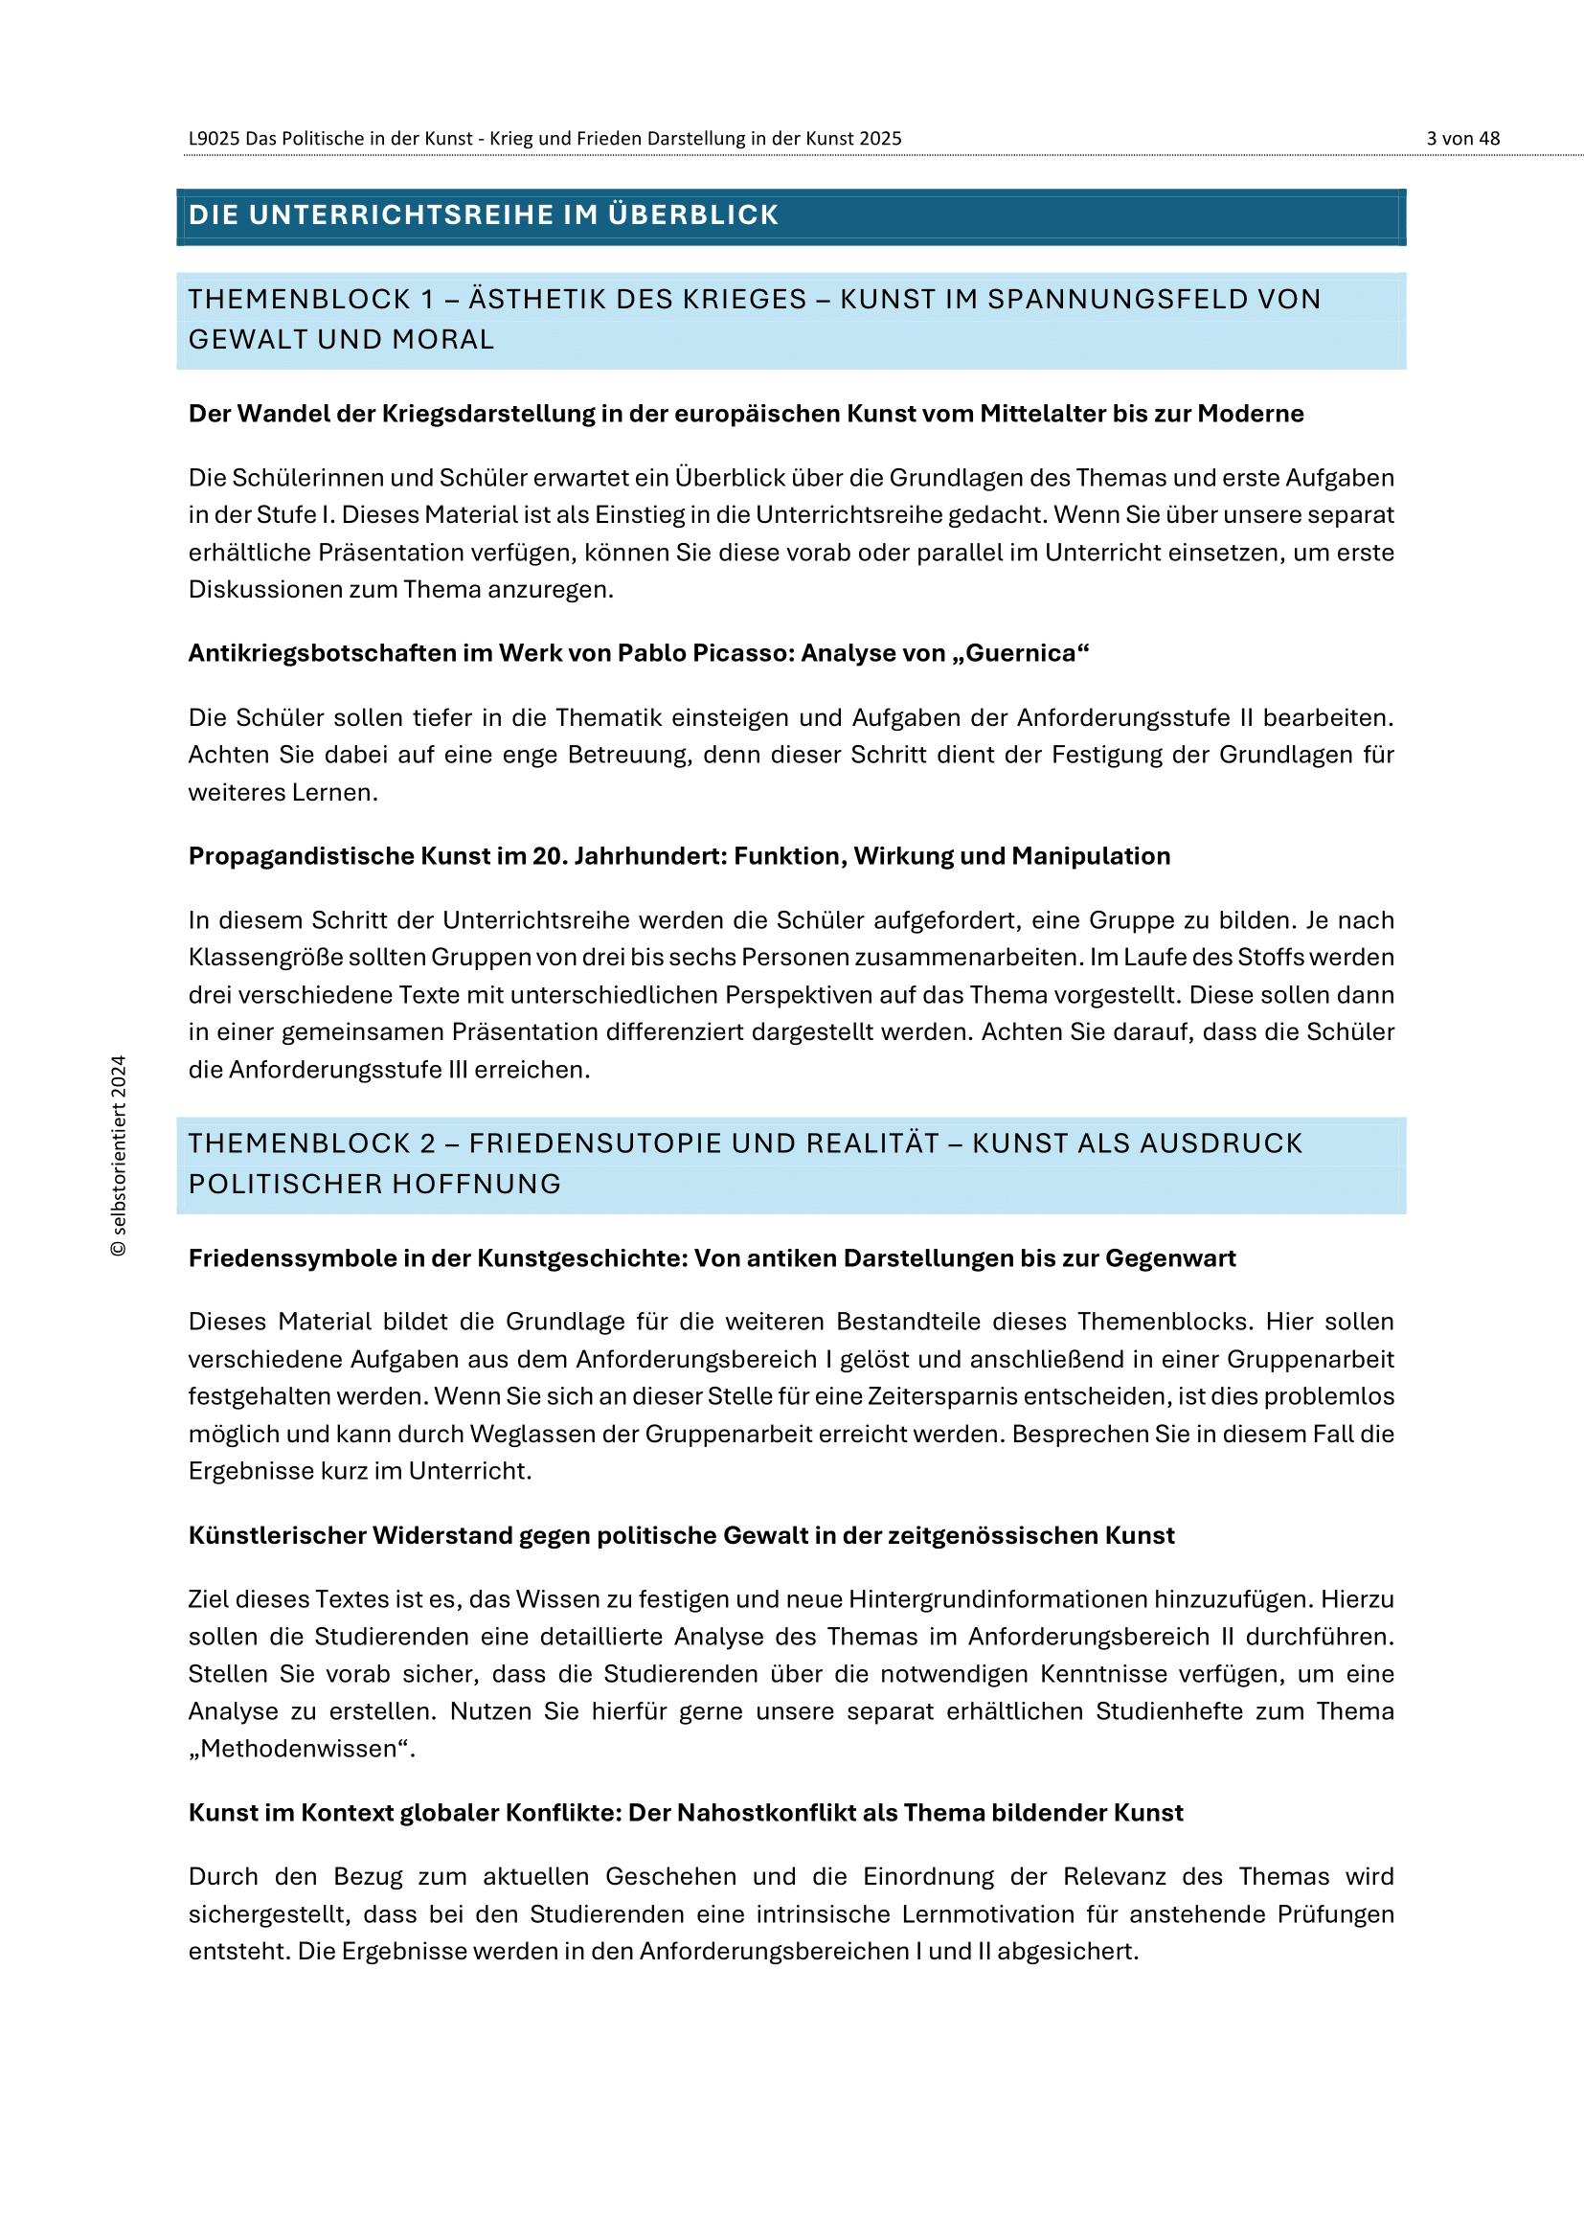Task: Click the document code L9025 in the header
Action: coord(214,139)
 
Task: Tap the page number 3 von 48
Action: coord(1462,139)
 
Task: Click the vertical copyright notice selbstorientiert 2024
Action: coord(119,1155)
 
